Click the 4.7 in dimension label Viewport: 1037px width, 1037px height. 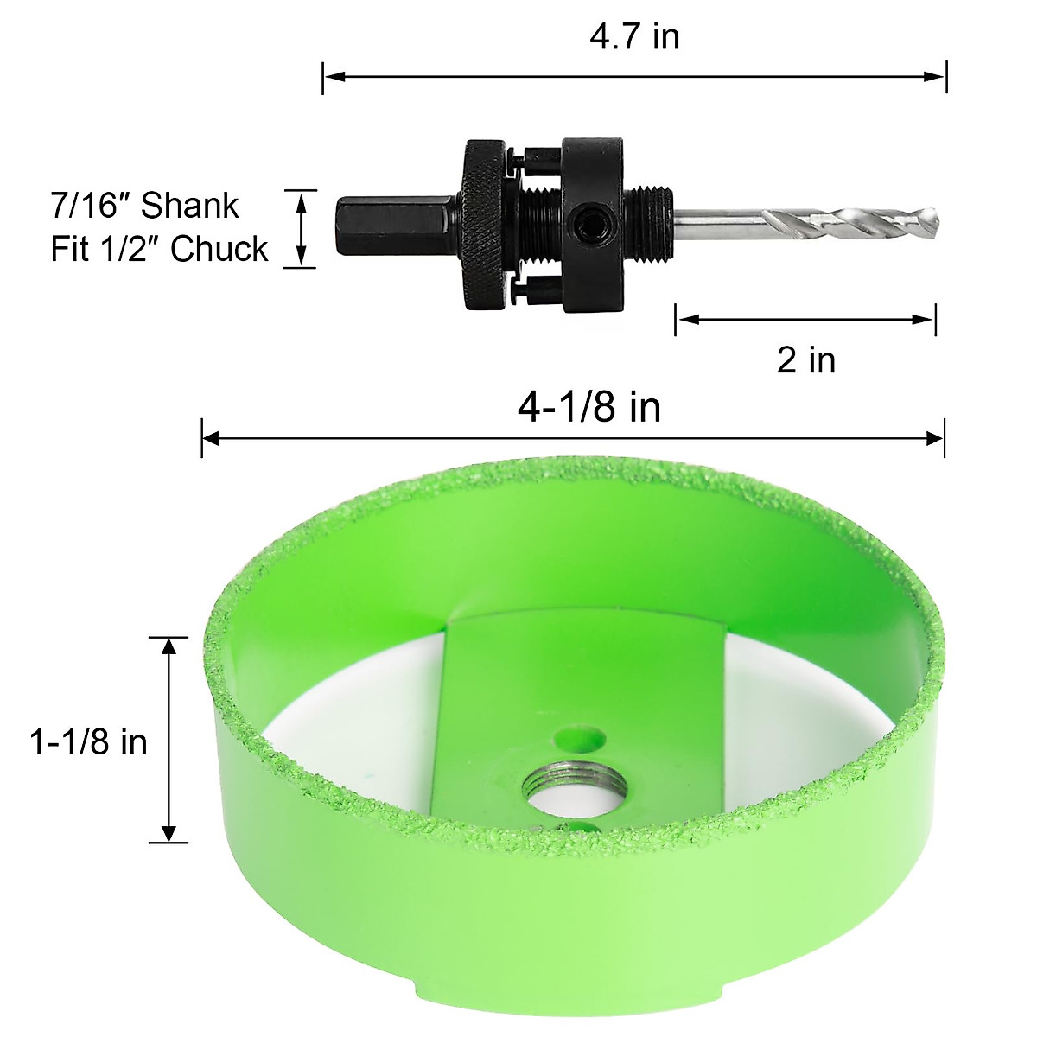pos(634,36)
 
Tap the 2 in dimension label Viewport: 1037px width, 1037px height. pos(805,359)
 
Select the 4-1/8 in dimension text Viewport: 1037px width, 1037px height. pos(589,406)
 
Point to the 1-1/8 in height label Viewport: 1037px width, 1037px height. pos(89,741)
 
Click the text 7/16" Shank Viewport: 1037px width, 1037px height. pos(144,207)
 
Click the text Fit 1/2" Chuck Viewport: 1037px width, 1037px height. pos(160,249)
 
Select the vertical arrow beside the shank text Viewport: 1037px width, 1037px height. pos(301,229)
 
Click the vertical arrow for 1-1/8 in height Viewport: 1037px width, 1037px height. pos(169,740)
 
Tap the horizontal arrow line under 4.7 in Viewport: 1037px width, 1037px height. pos(634,77)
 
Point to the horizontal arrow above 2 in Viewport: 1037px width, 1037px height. pos(805,320)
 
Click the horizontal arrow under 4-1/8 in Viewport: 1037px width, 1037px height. pos(572,439)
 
